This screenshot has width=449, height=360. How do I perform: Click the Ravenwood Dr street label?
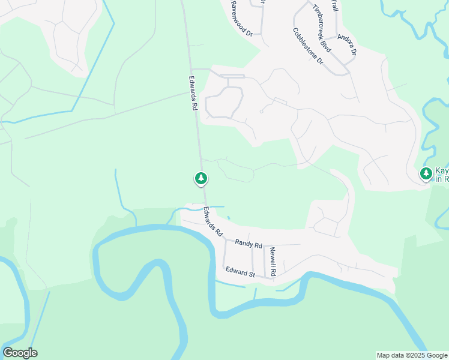241,19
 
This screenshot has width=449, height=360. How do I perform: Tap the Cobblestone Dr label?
308,46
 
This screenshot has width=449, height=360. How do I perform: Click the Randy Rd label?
249,244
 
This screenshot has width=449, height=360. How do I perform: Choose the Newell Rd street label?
273,262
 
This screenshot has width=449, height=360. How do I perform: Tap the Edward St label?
240,272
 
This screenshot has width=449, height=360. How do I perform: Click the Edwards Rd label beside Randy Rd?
212,221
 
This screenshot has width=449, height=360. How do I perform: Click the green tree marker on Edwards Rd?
201,178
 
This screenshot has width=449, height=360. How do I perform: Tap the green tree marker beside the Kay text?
426,174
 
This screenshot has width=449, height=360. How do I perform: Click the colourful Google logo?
20,353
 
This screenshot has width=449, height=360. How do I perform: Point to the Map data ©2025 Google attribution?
412,355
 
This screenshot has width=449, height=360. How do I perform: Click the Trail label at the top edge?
334,5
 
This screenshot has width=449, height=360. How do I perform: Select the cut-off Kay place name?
442,171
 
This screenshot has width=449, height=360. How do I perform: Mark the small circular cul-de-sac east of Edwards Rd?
261,111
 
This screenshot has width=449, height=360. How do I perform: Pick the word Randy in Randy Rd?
244,244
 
